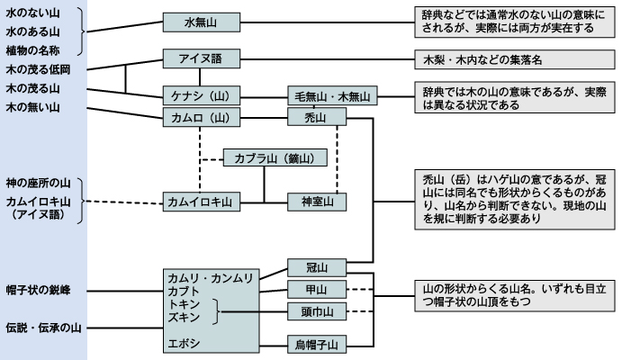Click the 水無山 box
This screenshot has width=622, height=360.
(x=201, y=22)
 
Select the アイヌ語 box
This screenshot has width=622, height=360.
(x=201, y=59)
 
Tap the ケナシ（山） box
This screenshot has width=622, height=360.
(x=201, y=95)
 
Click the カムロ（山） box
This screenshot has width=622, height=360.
(x=201, y=118)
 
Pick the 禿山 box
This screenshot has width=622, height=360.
(x=317, y=118)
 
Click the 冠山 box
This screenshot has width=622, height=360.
(x=317, y=267)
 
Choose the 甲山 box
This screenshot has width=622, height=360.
(x=317, y=290)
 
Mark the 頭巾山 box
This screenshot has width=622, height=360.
(x=317, y=312)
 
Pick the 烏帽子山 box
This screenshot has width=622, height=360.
(x=317, y=344)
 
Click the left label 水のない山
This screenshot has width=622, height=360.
(x=34, y=12)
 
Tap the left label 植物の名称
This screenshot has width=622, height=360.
(x=34, y=49)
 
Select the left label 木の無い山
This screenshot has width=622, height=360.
(x=34, y=107)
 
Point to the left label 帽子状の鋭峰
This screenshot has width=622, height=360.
(x=38, y=290)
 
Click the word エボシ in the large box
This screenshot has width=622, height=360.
(x=184, y=343)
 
